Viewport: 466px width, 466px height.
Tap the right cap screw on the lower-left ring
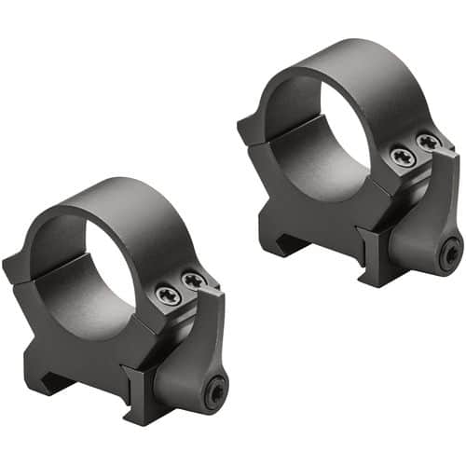click(x=194, y=280)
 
